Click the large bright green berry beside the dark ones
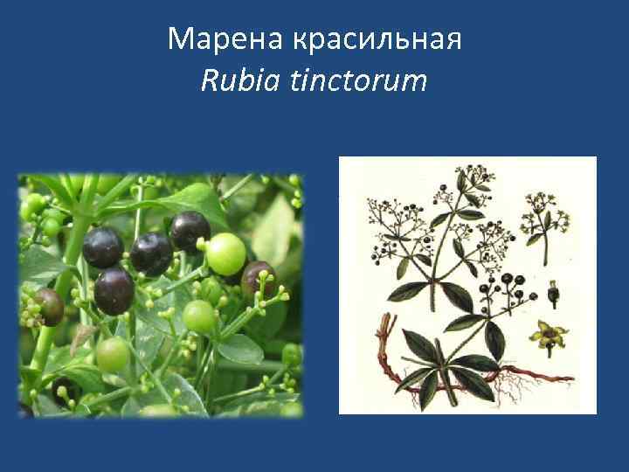(226, 253)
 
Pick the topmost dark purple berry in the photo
(190, 231)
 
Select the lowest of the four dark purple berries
(114, 291)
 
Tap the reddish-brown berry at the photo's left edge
(48, 307)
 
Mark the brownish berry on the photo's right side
(259, 279)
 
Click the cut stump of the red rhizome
(382, 330)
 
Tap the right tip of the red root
(568, 378)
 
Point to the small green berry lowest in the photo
(112, 354)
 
